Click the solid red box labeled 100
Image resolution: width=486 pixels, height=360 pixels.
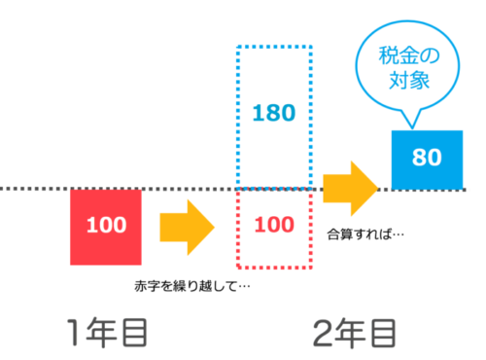[x=106, y=227]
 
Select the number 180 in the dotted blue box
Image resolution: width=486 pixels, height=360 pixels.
[x=274, y=113]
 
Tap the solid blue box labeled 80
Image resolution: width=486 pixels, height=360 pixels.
[x=427, y=160]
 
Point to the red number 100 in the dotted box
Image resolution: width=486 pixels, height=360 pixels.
[x=274, y=225]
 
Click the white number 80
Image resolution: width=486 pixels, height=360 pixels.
[x=427, y=158]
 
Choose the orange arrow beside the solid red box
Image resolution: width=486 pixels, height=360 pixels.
[x=188, y=228]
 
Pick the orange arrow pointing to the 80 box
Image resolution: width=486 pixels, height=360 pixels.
[x=351, y=189]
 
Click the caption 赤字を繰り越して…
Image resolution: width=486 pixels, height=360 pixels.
[x=192, y=286]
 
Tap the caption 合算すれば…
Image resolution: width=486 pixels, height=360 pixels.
[x=365, y=234]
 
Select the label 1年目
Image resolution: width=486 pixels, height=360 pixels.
[x=107, y=333]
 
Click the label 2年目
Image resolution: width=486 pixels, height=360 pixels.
[x=355, y=334]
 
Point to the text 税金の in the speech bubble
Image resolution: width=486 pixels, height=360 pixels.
[x=409, y=55]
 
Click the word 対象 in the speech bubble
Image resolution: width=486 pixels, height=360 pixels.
[x=409, y=80]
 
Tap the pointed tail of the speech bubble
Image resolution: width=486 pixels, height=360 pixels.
[x=412, y=127]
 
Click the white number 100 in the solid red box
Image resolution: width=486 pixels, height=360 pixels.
[x=106, y=225]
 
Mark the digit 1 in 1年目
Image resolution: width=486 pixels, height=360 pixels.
[x=73, y=332]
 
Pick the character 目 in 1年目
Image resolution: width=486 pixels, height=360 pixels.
[x=135, y=333]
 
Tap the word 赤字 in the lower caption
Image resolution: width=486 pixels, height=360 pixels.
[x=148, y=286]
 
